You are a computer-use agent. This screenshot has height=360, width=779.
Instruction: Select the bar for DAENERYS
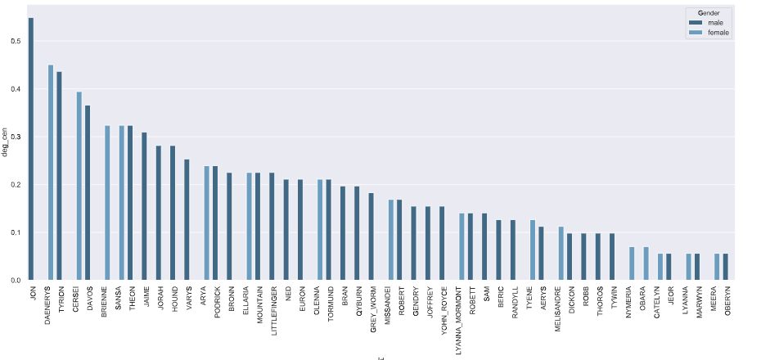pos(51,173)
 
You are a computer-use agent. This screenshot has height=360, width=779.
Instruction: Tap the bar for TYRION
pos(59,176)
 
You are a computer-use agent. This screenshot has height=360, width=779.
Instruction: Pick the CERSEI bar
pos(79,186)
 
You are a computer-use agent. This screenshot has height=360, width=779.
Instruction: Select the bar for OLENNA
pos(320,230)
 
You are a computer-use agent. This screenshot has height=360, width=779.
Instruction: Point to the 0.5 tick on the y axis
pos(17,42)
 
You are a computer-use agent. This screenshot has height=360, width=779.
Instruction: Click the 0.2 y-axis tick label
pos(17,185)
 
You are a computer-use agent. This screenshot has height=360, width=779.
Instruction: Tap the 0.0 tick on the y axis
pos(17,281)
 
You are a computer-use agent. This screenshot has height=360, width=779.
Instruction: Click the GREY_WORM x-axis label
pos(371,311)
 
